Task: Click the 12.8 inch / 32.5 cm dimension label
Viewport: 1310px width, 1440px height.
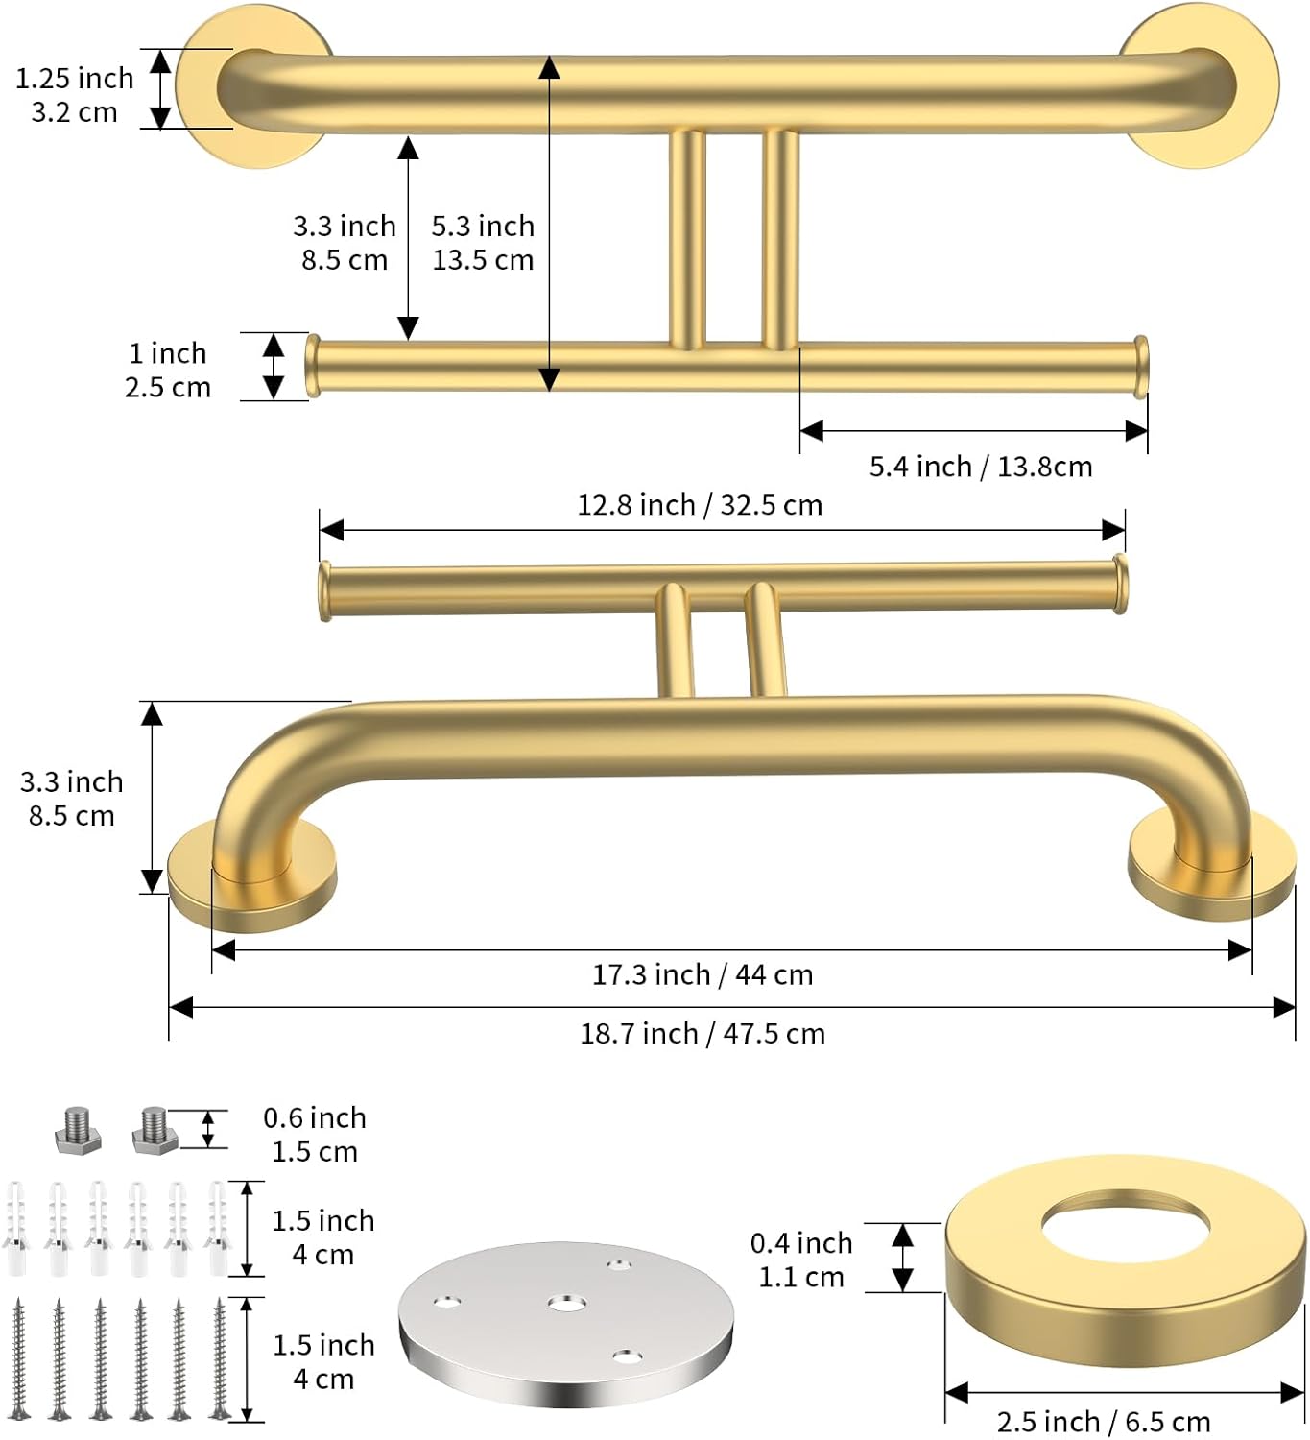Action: (699, 505)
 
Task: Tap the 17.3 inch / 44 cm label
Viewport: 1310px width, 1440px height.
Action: (702, 975)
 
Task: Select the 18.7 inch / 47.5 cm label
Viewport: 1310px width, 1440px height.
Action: (702, 1034)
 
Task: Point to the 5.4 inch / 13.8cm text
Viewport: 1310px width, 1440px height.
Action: (980, 467)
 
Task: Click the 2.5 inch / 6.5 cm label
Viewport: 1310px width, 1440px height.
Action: (1103, 1422)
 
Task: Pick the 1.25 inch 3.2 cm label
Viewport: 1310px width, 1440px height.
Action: (74, 95)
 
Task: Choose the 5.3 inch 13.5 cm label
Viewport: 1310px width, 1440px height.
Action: (482, 243)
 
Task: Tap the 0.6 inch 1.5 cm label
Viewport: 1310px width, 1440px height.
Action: (315, 1135)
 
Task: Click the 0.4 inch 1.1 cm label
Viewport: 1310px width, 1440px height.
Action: (800, 1260)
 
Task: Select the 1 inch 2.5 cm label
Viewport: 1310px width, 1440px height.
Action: (167, 371)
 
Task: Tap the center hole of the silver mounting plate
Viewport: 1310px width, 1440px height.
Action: (566, 1304)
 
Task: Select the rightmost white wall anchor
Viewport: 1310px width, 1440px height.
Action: (218, 1229)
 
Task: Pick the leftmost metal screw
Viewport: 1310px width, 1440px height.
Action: (19, 1357)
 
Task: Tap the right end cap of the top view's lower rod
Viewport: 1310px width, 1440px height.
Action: (1140, 366)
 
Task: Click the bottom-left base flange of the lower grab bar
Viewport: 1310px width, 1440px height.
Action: (252, 878)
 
